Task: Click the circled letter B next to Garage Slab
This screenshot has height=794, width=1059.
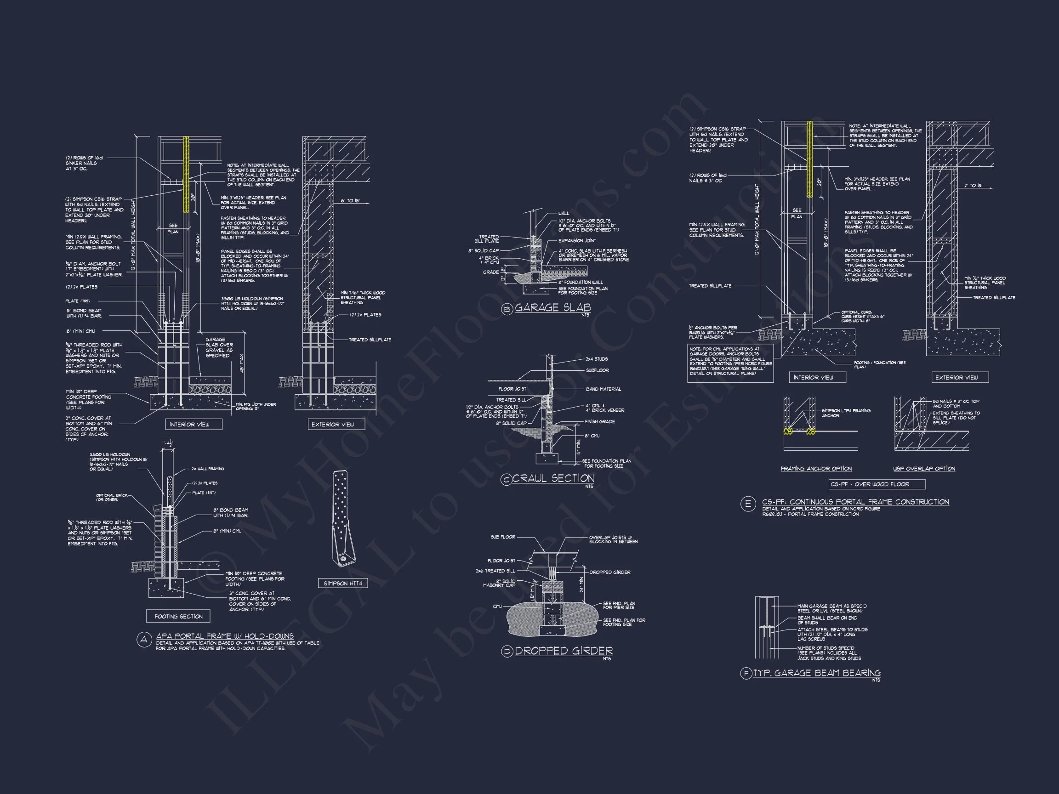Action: pyautogui.click(x=507, y=309)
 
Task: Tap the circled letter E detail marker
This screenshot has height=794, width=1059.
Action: pyautogui.click(x=748, y=504)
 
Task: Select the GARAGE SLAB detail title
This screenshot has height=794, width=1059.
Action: pyautogui.click(x=553, y=307)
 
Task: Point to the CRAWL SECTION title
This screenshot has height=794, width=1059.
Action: pyautogui.click(x=553, y=478)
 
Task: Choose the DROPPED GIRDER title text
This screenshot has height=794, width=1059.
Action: pyautogui.click(x=564, y=651)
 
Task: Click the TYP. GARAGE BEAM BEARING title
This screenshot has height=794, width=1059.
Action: pyautogui.click(x=817, y=673)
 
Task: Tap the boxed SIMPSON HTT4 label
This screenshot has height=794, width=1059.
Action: pyautogui.click(x=343, y=584)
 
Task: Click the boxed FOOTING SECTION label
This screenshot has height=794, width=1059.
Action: pyautogui.click(x=179, y=617)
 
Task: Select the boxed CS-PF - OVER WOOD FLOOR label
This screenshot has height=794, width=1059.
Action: pyautogui.click(x=870, y=484)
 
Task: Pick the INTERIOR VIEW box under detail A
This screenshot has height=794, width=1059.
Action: pyautogui.click(x=189, y=425)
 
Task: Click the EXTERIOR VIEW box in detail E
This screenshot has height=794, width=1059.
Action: pyautogui.click(x=957, y=378)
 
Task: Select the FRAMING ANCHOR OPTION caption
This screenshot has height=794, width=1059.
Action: pyautogui.click(x=816, y=469)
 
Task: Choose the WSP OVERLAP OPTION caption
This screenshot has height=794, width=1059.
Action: pyautogui.click(x=924, y=469)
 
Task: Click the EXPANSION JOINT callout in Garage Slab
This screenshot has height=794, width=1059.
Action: pyautogui.click(x=577, y=241)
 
